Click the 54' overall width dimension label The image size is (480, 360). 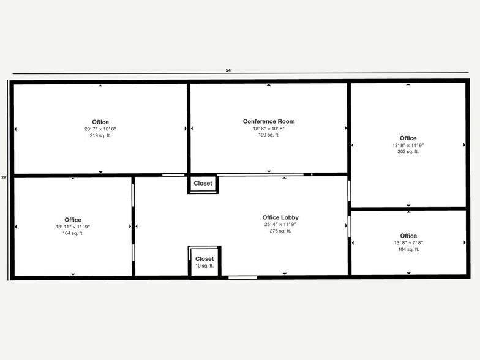pos(228,70)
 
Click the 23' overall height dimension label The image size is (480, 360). pos(4,178)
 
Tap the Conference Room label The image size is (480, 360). pos(268,121)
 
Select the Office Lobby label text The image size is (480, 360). pos(280,217)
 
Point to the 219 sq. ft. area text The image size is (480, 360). pos(100,135)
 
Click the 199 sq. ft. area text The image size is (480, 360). pos(268,135)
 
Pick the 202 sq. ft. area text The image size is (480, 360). pos(408,151)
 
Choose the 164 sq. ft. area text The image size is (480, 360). pos(73,233)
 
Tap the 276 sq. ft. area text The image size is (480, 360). pos(280,231)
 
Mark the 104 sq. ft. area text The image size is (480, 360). pos(408,249)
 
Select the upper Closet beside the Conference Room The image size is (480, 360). pos(203,183)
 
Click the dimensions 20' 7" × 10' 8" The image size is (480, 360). pos(100,129)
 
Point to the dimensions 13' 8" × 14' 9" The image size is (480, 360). pos(408,145)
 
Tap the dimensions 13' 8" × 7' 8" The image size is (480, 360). pos(408,243)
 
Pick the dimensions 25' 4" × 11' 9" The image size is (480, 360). pos(280,224)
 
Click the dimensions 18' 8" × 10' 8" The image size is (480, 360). pos(268,128)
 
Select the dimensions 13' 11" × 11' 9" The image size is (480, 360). pos(73,227)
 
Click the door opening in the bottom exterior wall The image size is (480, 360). pos(242,277)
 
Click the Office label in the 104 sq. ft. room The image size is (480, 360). pos(408,236)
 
